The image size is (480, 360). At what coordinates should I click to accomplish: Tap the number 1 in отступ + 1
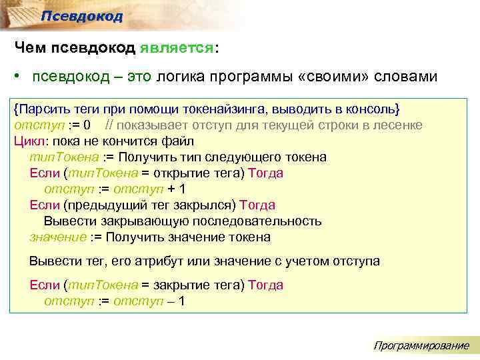pos(182,189)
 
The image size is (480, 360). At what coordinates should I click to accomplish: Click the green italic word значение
pos(58,237)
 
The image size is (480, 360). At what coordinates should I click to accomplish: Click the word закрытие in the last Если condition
pos(181,285)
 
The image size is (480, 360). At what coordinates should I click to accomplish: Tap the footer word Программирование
pos(421,345)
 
